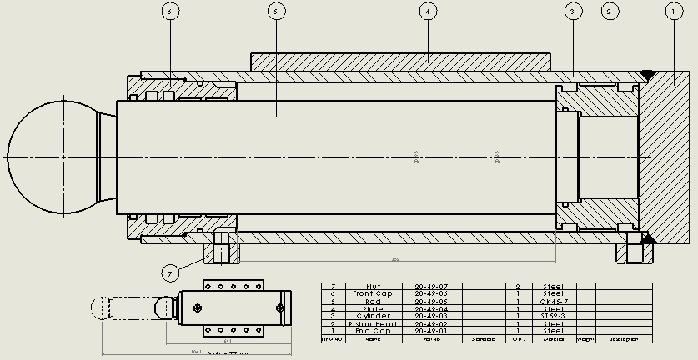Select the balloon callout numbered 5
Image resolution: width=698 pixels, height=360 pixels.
click(278, 12)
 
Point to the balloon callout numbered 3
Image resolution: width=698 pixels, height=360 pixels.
click(573, 12)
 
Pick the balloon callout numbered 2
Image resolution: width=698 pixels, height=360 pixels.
click(610, 12)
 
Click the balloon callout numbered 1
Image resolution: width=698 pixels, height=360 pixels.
click(673, 12)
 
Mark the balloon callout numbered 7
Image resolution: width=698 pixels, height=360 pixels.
click(171, 272)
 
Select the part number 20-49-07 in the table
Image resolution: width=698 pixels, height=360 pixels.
click(431, 286)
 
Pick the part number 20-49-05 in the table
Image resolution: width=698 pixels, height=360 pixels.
click(431, 301)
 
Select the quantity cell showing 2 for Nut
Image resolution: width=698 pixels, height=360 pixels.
click(518, 286)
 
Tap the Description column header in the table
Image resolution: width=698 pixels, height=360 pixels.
click(623, 339)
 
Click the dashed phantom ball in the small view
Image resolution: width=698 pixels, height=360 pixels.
click(102, 309)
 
